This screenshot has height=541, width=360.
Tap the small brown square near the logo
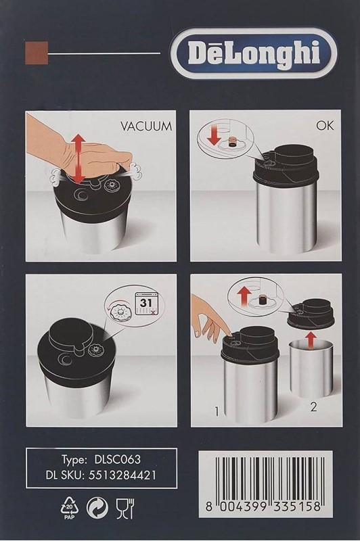pyautogui.click(x=37, y=53)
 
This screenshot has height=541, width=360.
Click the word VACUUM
pyautogui.click(x=146, y=126)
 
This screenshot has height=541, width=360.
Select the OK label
pyautogui.click(x=325, y=125)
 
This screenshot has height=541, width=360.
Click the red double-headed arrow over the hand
pyautogui.click(x=79, y=159)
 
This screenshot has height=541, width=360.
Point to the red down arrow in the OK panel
pyautogui.click(x=214, y=137)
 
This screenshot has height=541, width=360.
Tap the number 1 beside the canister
pyautogui.click(x=217, y=411)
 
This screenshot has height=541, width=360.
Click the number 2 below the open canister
pyautogui.click(x=313, y=407)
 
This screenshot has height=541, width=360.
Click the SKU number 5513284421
pyautogui.click(x=122, y=475)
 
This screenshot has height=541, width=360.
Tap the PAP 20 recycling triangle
pyautogui.click(x=70, y=509)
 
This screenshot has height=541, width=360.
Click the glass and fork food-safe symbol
pyautogui.click(x=125, y=509)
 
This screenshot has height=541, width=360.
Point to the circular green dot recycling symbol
pyautogui.click(x=97, y=509)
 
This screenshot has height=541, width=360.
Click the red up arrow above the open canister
pyautogui.click(x=311, y=340)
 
